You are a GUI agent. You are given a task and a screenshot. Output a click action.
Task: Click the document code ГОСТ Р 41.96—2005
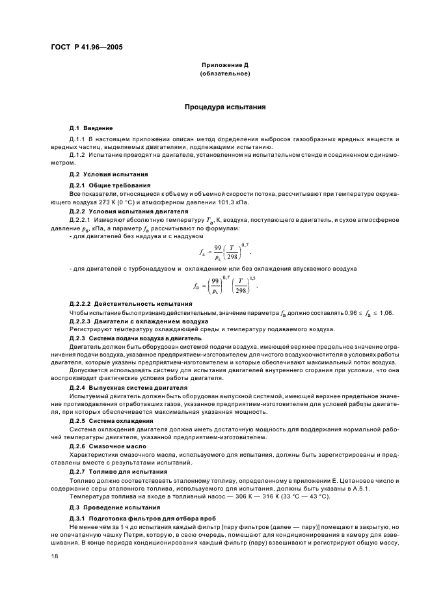pos(88,47)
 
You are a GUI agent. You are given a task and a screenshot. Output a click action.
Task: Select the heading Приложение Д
pos(224,66)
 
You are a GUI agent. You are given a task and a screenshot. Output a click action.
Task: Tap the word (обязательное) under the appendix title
pos(224,74)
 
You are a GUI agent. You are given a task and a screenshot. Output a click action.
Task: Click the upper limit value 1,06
pos(385,314)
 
